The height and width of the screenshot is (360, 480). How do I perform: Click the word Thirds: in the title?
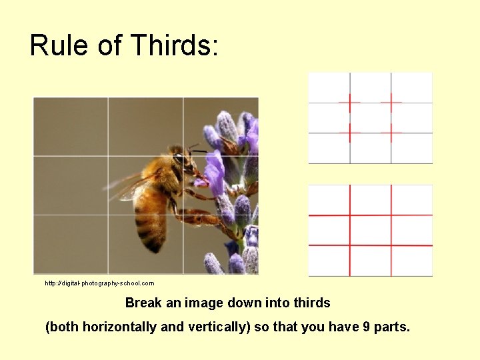(x=175, y=45)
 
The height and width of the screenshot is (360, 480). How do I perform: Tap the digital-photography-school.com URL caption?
(x=99, y=283)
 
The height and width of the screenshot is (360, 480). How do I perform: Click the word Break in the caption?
(x=144, y=303)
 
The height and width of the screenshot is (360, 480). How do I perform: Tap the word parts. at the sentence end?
(x=393, y=327)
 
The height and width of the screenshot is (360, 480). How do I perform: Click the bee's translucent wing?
(x=130, y=185)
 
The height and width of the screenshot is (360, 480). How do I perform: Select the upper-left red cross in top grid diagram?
(x=349, y=103)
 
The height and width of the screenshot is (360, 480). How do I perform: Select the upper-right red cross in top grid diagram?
(x=391, y=103)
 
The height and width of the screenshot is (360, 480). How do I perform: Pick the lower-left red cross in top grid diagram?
(x=349, y=133)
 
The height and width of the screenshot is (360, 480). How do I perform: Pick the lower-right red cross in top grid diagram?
(x=391, y=133)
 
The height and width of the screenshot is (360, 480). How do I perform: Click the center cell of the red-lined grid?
(x=370, y=231)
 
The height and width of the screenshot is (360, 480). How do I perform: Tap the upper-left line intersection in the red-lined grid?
(x=350, y=215)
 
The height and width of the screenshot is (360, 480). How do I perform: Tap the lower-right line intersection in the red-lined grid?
(x=391, y=245)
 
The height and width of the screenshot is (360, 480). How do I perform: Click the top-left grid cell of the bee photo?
(x=71, y=127)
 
